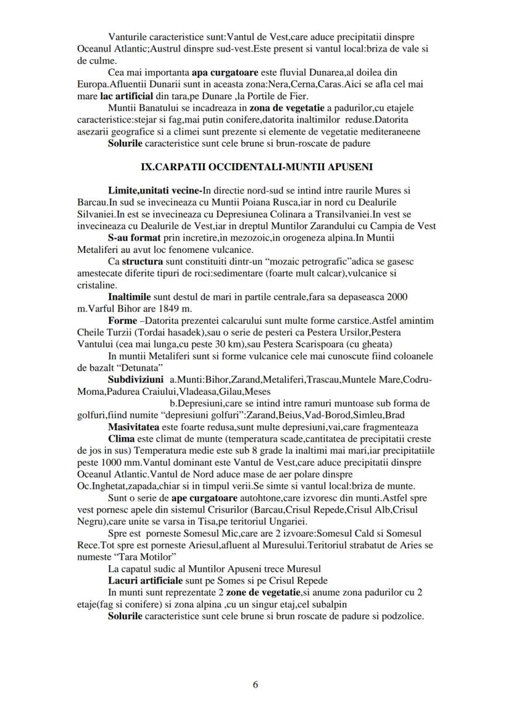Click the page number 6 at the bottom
coord(255,684)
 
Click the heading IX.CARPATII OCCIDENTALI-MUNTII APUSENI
coord(256,167)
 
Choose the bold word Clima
coord(120,439)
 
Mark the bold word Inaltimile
coord(130,296)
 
